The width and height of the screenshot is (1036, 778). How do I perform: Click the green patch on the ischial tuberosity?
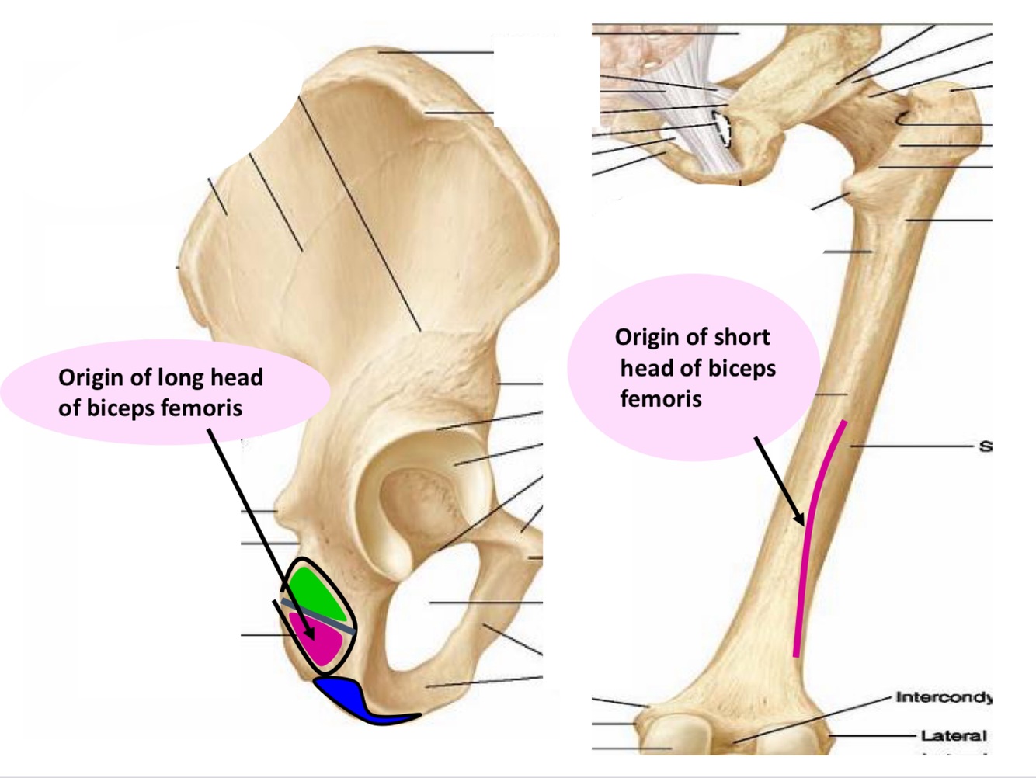click(x=315, y=591)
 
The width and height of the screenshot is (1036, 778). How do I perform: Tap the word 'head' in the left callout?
click(x=238, y=377)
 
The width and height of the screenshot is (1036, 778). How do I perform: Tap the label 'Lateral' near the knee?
click(x=953, y=735)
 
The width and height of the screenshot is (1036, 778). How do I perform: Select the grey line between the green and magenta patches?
click(x=318, y=616)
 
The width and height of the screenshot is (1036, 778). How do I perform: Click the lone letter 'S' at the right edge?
click(x=985, y=446)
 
